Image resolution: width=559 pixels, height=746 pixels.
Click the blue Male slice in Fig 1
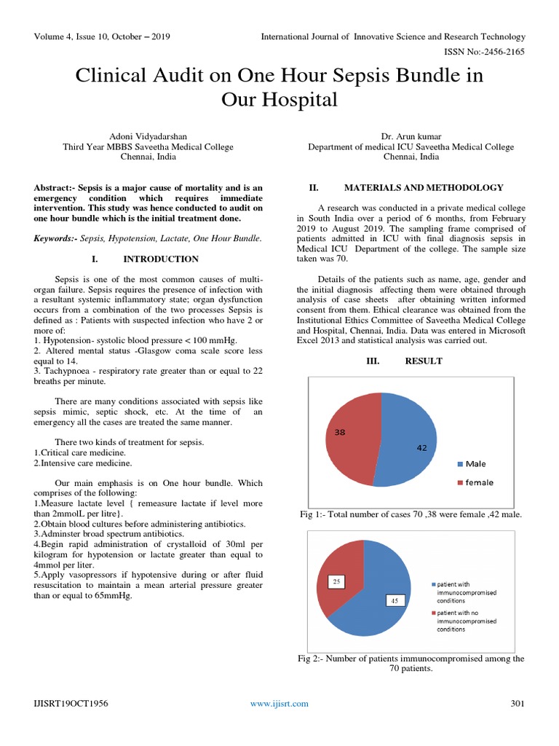(408, 444)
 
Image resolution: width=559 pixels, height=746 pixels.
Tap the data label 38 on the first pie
(339, 432)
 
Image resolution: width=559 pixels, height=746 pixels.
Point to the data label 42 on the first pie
(421, 448)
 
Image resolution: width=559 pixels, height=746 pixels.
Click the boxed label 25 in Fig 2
(336, 581)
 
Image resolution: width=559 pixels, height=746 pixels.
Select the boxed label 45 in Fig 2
(394, 600)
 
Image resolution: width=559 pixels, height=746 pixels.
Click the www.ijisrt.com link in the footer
(279, 703)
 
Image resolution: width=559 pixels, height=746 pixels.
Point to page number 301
(518, 703)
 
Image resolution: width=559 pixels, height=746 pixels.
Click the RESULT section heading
(424, 361)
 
